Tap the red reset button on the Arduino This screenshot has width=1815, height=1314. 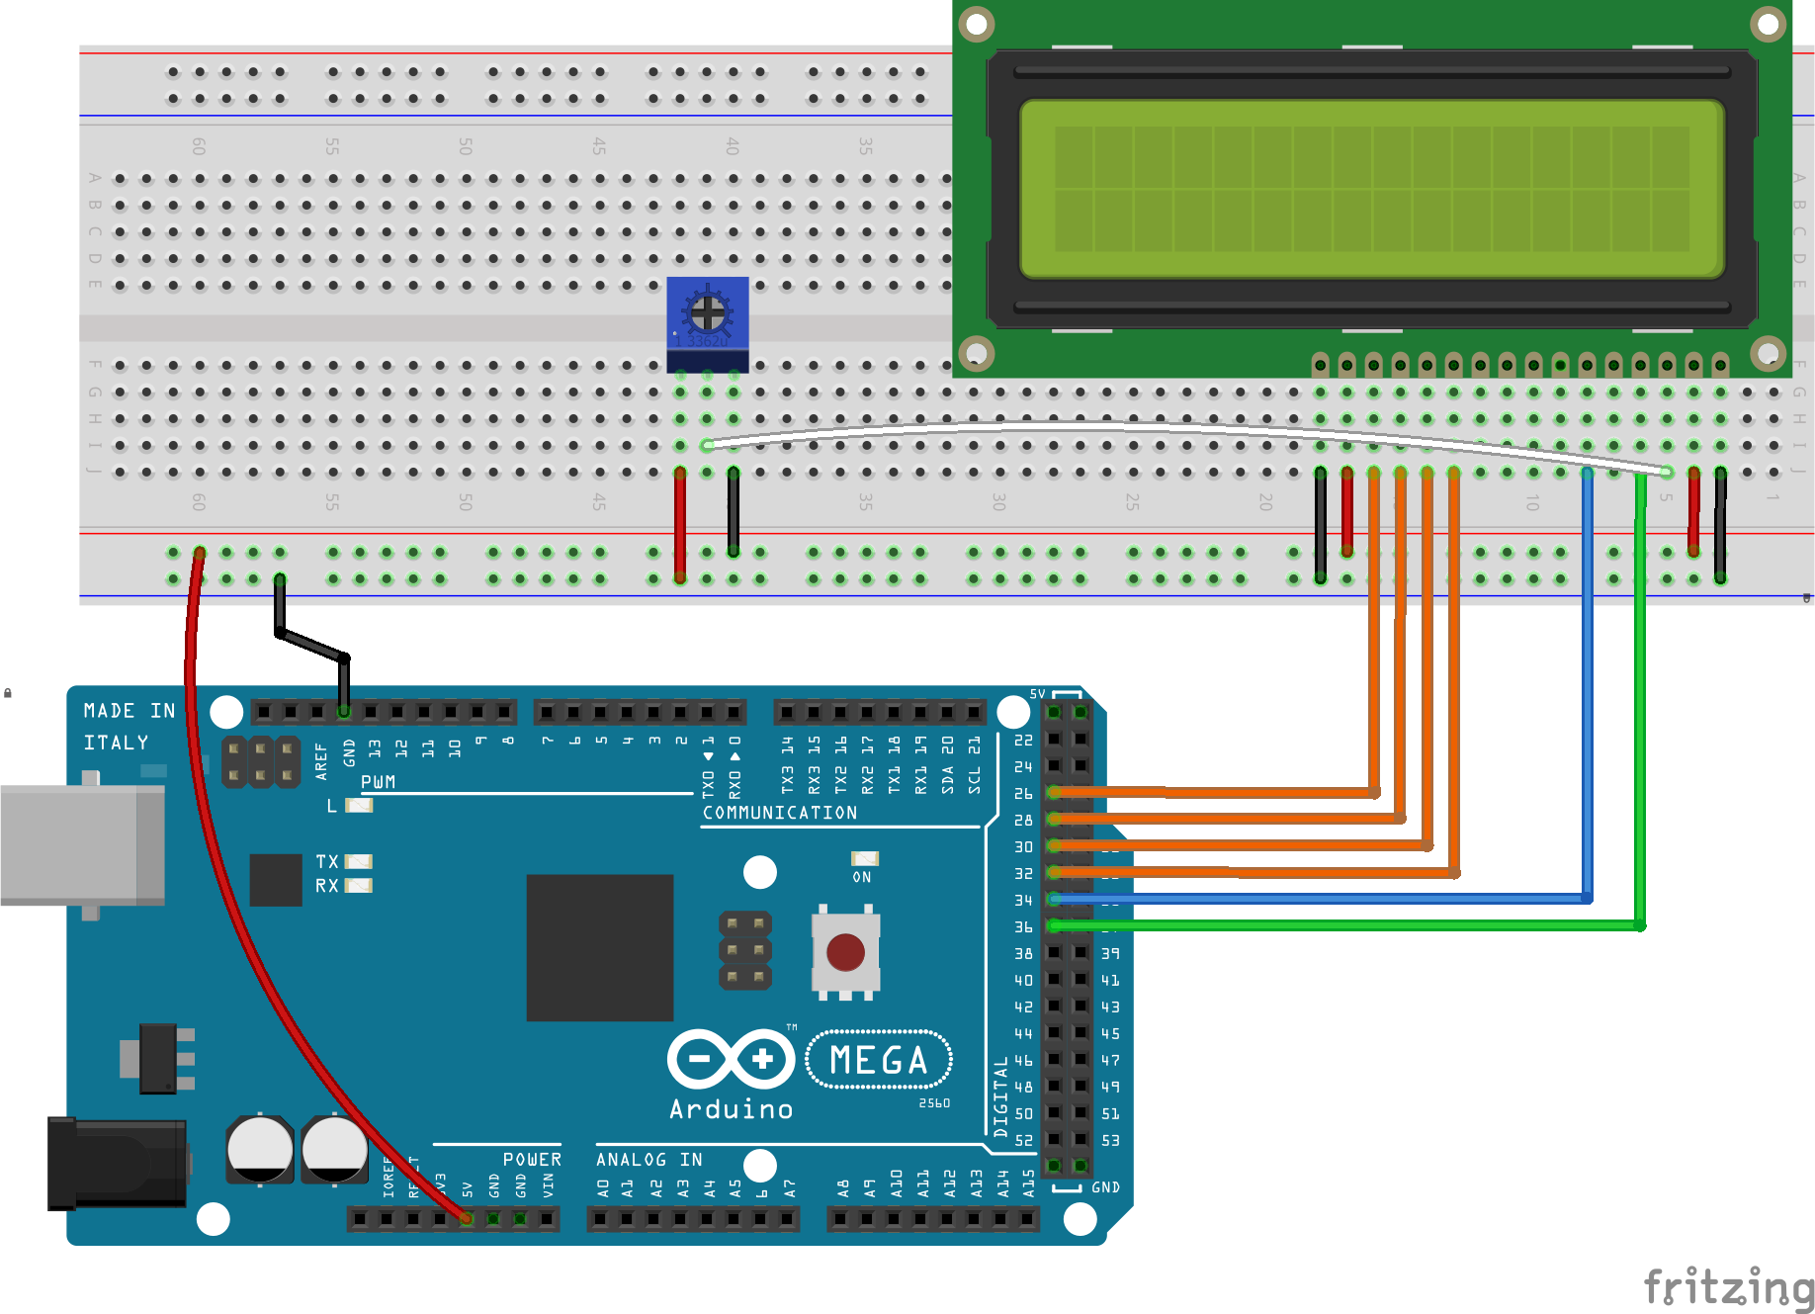(x=845, y=952)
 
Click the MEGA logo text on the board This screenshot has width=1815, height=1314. (x=879, y=1060)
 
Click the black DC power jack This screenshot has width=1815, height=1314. (x=117, y=1163)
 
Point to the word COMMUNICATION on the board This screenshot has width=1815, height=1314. (x=780, y=813)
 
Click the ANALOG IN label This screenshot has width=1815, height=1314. (x=648, y=1159)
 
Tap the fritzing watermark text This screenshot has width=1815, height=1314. (x=1729, y=1287)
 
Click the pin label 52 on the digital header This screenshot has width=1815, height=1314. (x=1023, y=1140)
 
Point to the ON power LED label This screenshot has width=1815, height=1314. (x=862, y=877)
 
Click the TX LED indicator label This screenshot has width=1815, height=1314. (x=327, y=861)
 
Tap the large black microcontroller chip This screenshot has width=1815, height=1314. (x=599, y=947)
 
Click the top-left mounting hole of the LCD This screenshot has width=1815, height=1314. (x=977, y=24)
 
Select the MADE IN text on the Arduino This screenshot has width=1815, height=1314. (x=130, y=711)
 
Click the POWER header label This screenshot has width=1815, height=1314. (x=532, y=1159)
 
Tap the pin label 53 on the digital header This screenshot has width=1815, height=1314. (x=1111, y=1140)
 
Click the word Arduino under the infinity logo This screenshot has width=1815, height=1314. (x=731, y=1109)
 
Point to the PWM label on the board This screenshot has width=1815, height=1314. (x=378, y=782)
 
